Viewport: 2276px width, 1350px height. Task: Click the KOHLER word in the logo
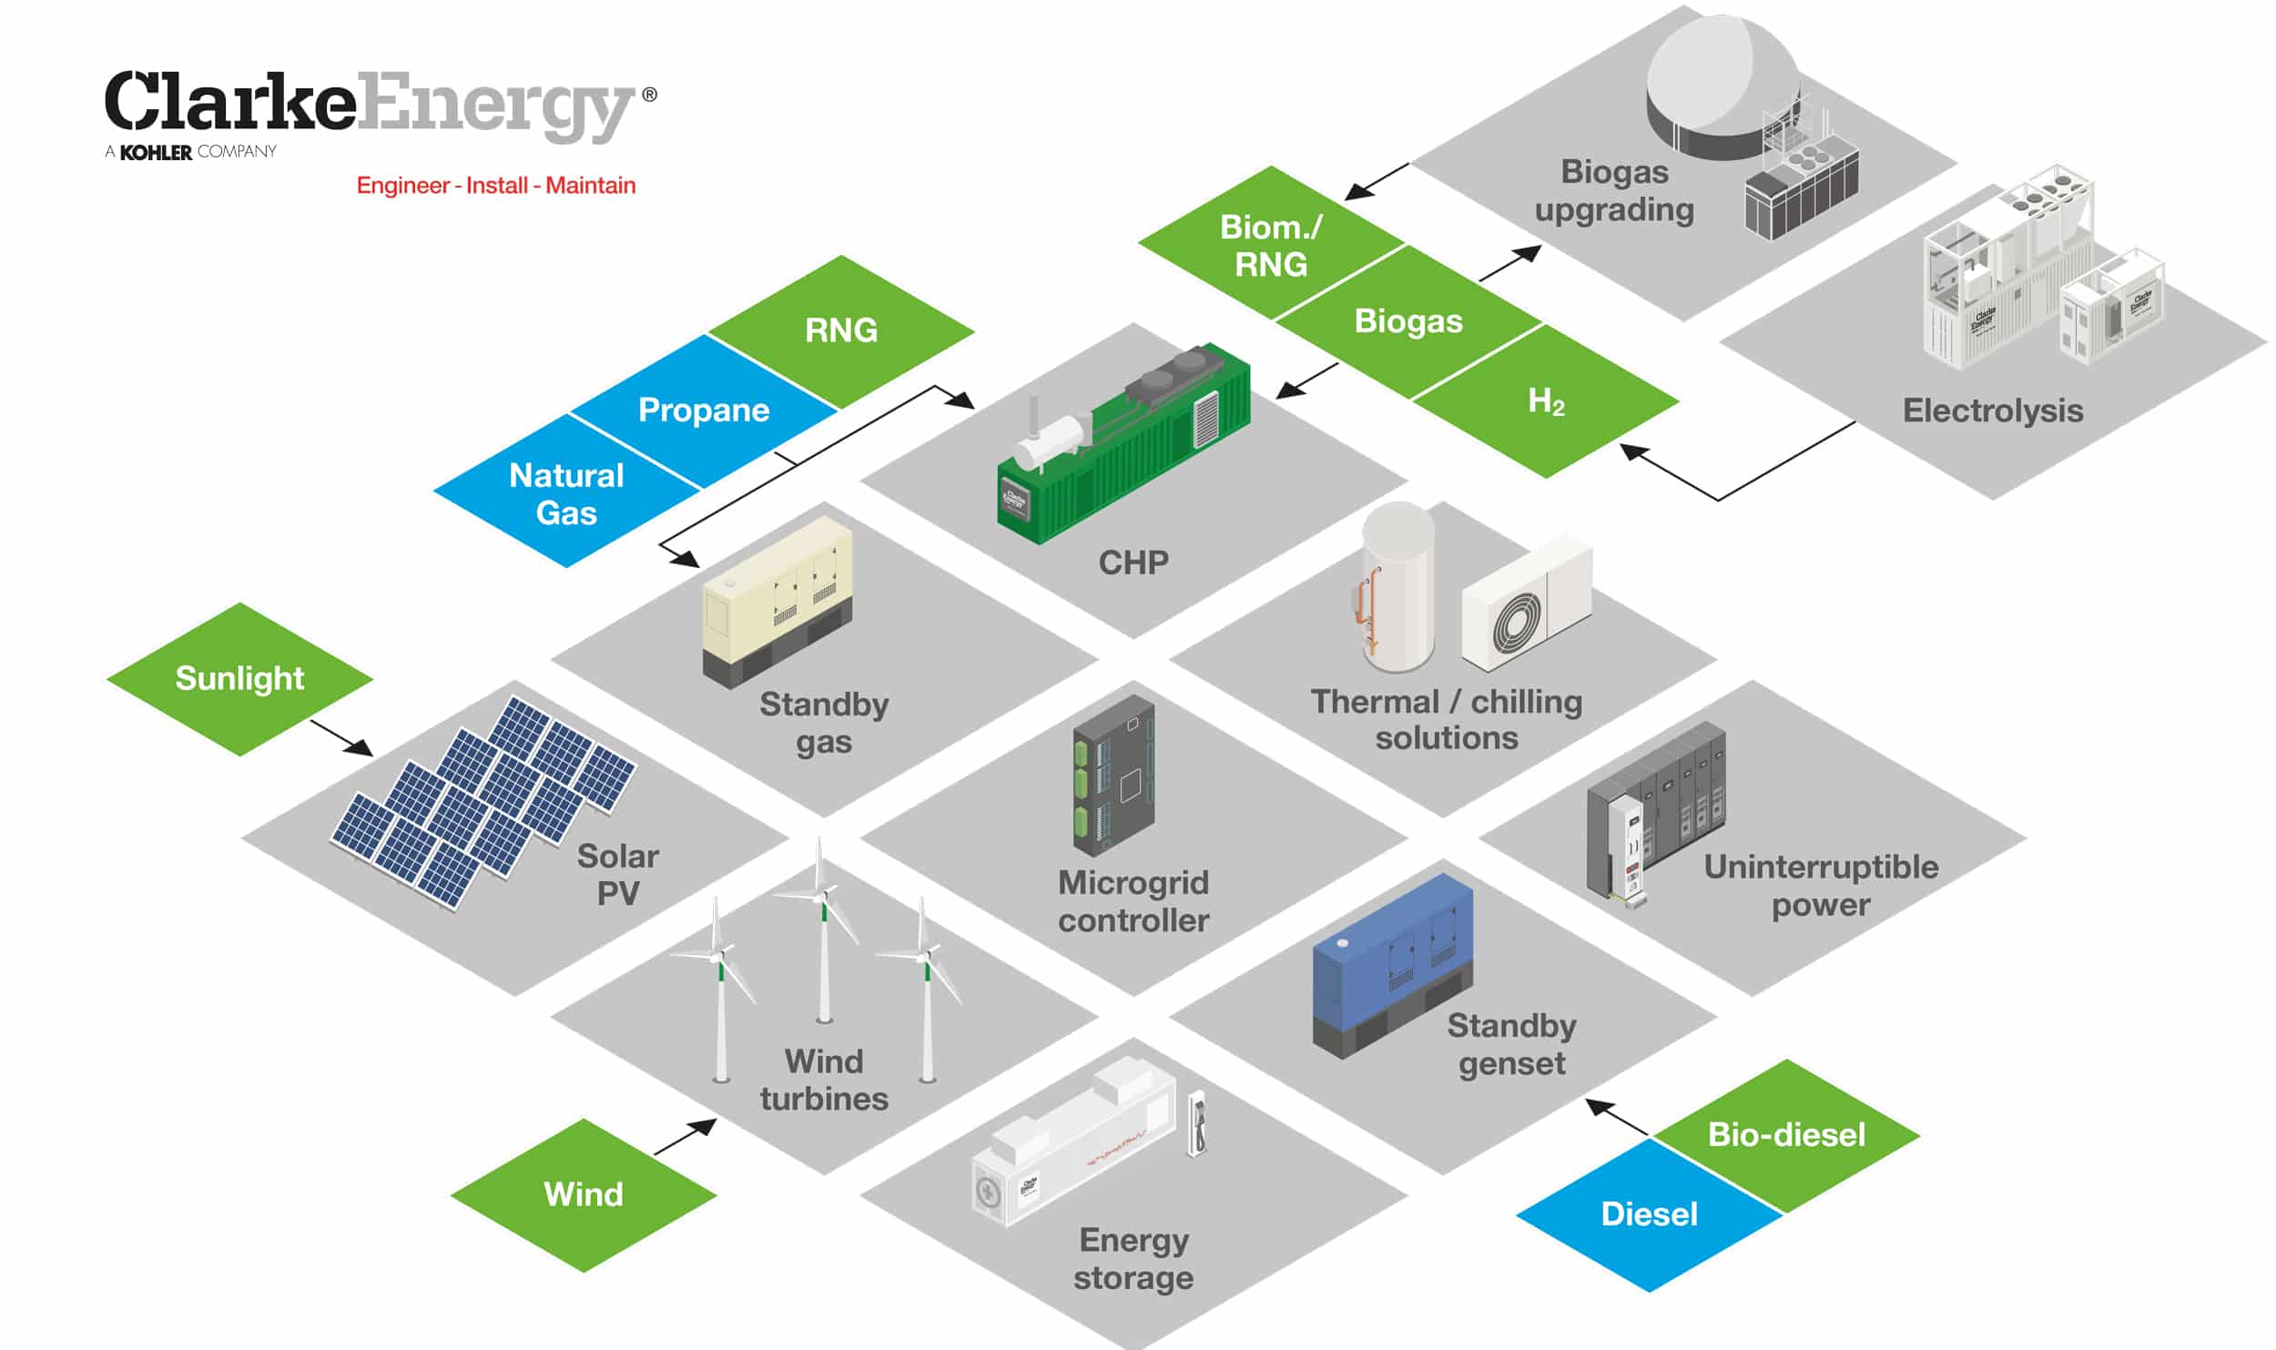point(156,152)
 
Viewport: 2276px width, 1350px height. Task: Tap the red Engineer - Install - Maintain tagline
point(495,186)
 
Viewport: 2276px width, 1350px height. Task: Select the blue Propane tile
point(703,411)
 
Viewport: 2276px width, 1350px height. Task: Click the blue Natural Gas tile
point(566,493)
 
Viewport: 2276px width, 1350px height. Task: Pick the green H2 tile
point(1546,401)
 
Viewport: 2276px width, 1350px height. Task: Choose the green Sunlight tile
point(239,678)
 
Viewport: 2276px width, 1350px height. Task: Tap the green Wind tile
point(584,1193)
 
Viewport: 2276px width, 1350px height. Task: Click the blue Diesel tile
point(1649,1213)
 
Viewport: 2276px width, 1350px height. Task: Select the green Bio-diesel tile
point(1786,1134)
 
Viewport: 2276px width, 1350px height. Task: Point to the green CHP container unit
point(1124,446)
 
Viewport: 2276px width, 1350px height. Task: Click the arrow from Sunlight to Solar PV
point(341,737)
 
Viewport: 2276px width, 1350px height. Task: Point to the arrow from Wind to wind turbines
point(686,1138)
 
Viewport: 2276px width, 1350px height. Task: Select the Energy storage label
point(1133,1259)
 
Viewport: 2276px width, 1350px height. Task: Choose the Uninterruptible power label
point(1821,886)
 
